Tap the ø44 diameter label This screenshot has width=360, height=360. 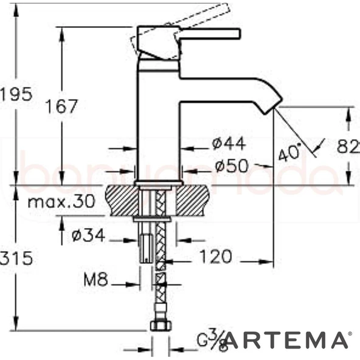pyautogui.click(x=229, y=144)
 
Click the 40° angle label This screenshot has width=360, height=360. pyautogui.click(x=289, y=152)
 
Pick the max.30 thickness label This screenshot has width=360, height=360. pyautogui.click(x=60, y=202)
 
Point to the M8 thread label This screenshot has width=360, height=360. pyautogui.click(x=95, y=281)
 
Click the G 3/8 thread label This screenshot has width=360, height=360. pyautogui.click(x=213, y=341)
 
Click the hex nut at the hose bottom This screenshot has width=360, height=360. pyautogui.click(x=159, y=325)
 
